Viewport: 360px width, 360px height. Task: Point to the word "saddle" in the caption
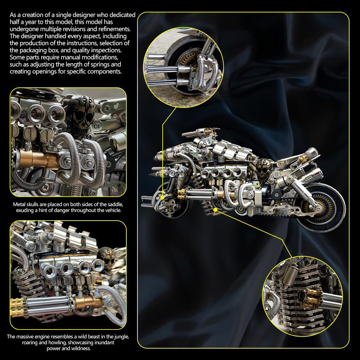[114, 204]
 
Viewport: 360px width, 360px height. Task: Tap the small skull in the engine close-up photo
[108, 255]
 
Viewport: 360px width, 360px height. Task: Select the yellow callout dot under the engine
[216, 208]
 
